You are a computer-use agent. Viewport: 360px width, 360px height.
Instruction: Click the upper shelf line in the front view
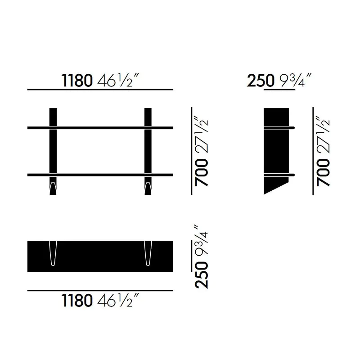(x=100, y=128)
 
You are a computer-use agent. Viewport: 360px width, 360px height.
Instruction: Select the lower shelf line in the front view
(x=100, y=174)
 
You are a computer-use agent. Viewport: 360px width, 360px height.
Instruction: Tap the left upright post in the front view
(x=53, y=148)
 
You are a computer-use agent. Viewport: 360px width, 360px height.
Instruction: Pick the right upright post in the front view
(x=148, y=148)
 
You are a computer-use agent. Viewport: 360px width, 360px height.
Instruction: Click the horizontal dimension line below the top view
(x=100, y=291)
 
